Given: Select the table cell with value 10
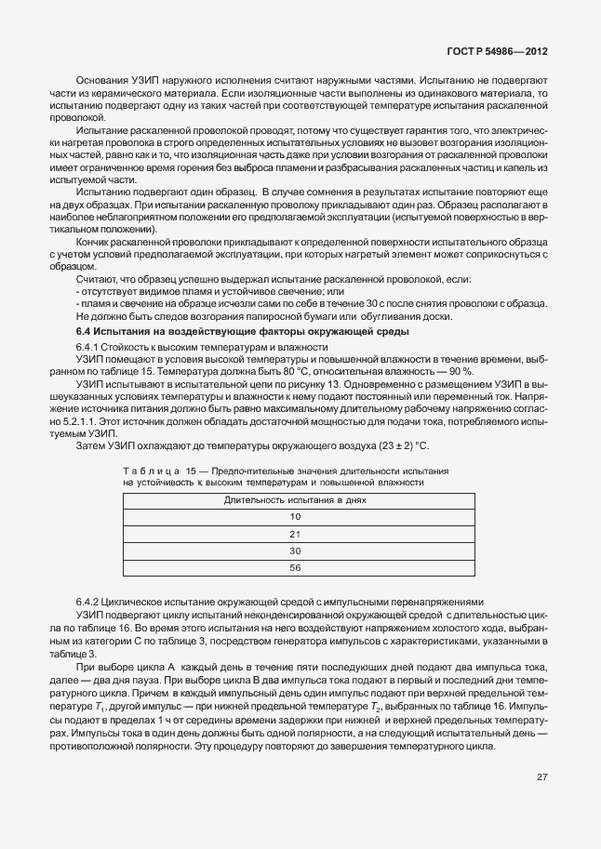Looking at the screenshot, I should pyautogui.click(x=295, y=515).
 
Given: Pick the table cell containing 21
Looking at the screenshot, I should pyautogui.click(x=295, y=533).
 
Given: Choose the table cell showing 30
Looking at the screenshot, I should pyautogui.click(x=295, y=550).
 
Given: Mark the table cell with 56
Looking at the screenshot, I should pyautogui.click(x=295, y=567).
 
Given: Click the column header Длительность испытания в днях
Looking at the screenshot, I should pyautogui.click(x=295, y=499).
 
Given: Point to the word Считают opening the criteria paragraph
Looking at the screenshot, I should pyautogui.click(x=95, y=279).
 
